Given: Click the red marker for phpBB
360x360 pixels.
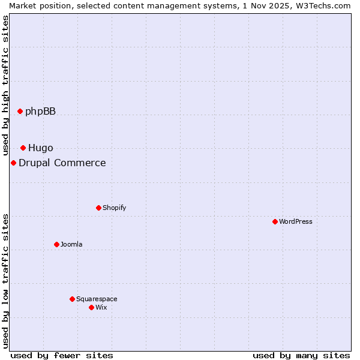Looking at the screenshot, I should coord(20,111).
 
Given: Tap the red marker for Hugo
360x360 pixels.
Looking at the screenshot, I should coord(23,148).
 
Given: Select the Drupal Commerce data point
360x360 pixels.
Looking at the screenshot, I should coord(13,163).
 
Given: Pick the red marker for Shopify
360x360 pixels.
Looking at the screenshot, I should coord(98,208).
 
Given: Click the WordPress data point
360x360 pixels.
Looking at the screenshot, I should coord(275,221).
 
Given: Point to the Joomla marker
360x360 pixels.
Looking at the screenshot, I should coord(56,244).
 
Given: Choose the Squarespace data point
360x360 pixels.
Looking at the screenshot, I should coord(72,299).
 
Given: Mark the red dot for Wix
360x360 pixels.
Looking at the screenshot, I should coord(91,307).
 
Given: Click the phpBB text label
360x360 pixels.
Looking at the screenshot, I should coord(40,111).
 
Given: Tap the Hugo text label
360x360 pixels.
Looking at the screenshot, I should coord(40,148).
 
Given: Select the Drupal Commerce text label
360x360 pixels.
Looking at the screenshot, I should coord(62,163).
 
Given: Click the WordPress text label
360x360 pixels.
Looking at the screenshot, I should coord(296,221).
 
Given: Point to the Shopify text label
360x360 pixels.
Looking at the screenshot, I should coord(114,208).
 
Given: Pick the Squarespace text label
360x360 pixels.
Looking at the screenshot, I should coord(97,299).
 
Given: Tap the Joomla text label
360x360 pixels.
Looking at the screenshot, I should coord(71,244).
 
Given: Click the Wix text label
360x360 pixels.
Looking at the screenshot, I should coord(101,307).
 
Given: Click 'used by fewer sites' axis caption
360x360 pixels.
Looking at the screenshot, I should coord(62,355).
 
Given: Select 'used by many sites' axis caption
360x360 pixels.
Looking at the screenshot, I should coord(301,355).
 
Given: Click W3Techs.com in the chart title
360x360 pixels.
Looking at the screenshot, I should coord(324,5).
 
